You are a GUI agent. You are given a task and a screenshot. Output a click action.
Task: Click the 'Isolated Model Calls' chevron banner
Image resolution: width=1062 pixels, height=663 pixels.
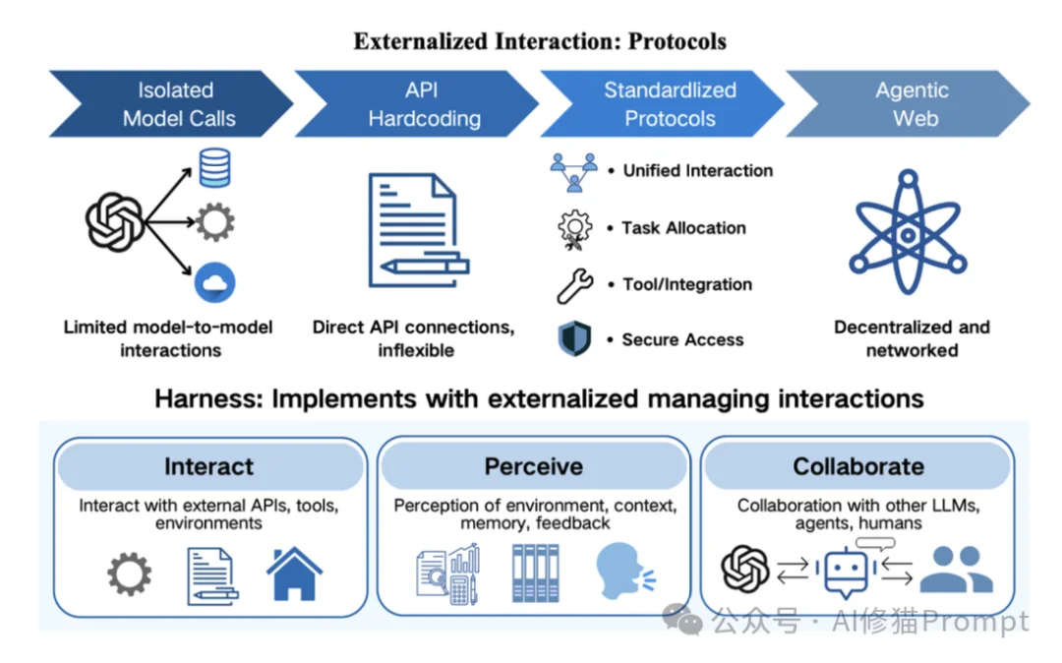click(x=172, y=104)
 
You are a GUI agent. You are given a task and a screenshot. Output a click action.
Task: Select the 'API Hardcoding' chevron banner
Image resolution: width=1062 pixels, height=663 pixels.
click(x=418, y=104)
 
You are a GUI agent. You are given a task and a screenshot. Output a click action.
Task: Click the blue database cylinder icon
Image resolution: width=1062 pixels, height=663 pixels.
click(x=214, y=167)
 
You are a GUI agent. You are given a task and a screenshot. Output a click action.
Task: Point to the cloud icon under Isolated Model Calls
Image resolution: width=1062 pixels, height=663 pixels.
click(x=214, y=283)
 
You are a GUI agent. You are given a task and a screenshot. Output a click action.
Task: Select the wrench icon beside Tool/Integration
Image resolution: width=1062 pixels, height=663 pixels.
click(x=574, y=285)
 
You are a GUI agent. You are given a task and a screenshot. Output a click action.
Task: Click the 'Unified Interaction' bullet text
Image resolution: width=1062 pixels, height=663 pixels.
click(x=698, y=170)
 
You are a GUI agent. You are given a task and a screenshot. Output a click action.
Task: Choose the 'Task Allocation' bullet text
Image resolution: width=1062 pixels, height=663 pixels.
click(x=684, y=227)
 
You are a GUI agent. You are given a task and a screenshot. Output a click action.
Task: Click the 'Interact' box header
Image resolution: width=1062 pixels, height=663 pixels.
click(x=209, y=466)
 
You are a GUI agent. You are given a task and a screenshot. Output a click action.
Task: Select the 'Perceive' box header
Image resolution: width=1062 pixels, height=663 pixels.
click(x=533, y=466)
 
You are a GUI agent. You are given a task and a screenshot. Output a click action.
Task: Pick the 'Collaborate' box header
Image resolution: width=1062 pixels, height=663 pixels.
click(x=857, y=466)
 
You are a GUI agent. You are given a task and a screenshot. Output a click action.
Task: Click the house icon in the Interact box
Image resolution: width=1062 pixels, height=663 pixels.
click(x=294, y=573)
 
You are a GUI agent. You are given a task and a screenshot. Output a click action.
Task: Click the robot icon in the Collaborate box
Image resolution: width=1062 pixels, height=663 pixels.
click(x=847, y=572)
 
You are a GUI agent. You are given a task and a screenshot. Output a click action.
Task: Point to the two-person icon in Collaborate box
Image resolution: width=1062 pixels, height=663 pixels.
click(x=957, y=571)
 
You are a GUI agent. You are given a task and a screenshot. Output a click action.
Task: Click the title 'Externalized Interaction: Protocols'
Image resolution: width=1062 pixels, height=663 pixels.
click(x=540, y=42)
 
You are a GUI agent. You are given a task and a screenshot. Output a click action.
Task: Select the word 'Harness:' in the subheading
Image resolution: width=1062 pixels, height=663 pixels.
click(x=207, y=398)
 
